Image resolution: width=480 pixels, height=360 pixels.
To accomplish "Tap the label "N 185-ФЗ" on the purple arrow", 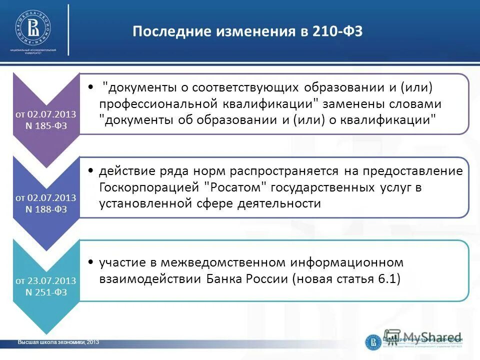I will click(45, 125).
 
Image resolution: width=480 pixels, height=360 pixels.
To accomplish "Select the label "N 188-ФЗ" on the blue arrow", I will click(45, 208).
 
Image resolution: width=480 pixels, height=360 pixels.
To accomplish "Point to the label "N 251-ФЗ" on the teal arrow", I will click(45, 291).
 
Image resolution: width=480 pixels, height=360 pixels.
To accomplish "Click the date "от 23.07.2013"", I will click(45, 280).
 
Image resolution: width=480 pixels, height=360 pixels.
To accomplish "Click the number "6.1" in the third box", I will click(388, 279).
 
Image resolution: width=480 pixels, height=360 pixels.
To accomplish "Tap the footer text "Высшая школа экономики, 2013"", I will click(58, 342).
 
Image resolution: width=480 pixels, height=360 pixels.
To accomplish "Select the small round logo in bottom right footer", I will click(372, 342).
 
